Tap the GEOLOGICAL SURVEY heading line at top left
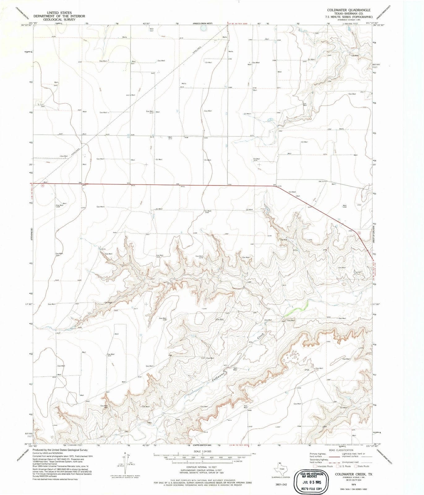coord(59,19)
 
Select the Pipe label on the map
coord(307,370)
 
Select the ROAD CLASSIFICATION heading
coord(340,450)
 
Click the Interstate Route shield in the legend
coord(315,466)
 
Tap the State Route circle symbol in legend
coord(356,466)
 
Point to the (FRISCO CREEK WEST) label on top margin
coord(203,24)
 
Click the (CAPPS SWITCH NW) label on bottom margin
coord(202,445)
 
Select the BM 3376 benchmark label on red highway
coord(277,186)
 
